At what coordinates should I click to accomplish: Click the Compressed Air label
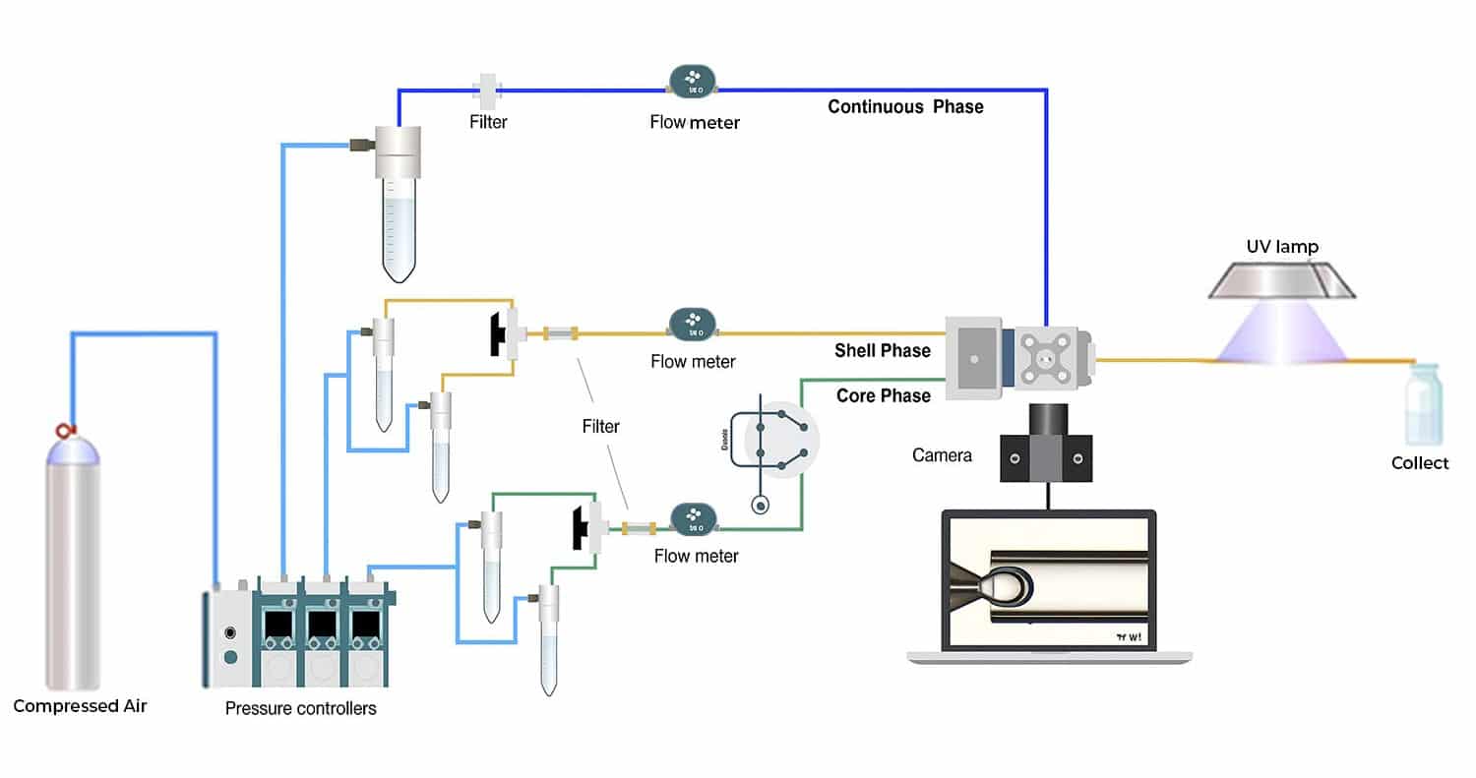click(x=80, y=705)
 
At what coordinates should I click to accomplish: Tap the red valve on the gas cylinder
click(x=67, y=431)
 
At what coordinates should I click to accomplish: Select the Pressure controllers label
click(x=300, y=707)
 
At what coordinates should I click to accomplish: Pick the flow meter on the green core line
click(x=693, y=518)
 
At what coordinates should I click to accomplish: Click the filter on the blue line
click(x=487, y=90)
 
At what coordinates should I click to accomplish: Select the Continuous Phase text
click(x=905, y=106)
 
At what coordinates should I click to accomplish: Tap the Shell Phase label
click(x=883, y=350)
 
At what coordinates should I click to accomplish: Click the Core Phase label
click(x=883, y=395)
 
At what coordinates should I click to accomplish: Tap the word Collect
click(x=1419, y=462)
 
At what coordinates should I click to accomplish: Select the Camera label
click(x=942, y=455)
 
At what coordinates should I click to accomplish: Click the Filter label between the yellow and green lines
click(x=600, y=426)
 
